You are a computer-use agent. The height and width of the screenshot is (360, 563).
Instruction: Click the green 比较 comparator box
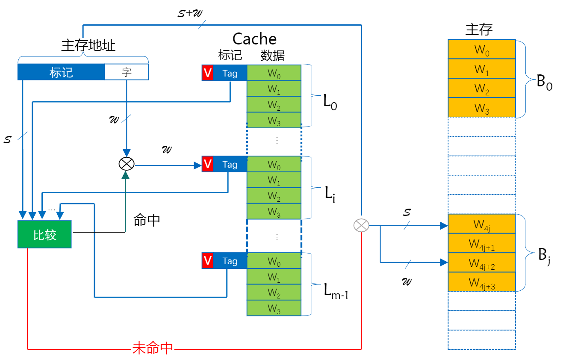coord(44,234)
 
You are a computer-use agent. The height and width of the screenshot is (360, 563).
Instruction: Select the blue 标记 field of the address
coord(61,72)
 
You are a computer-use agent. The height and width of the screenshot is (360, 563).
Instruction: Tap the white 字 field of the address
coord(127,72)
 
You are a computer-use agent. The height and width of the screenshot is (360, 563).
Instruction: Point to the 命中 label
coord(147,220)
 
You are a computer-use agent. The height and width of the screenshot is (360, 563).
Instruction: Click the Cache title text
coord(254,39)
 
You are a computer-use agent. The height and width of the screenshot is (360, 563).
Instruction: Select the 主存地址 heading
coord(88,45)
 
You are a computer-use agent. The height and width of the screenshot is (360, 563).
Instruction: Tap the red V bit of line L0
coord(207,73)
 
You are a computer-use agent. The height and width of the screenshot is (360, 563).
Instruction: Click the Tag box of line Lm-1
coord(230,261)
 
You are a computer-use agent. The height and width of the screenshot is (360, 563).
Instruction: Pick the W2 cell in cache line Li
coord(274,196)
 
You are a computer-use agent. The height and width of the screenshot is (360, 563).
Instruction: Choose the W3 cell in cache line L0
coord(274,121)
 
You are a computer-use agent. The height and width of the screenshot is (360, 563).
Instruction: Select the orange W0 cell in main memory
coord(481,50)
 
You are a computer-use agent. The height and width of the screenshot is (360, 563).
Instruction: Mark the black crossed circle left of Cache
coord(126,163)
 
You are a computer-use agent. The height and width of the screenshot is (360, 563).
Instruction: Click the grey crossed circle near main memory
coord(361,225)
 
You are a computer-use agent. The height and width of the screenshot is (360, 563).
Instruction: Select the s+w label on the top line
coord(190,13)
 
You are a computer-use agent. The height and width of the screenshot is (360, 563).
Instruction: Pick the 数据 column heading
coord(272,55)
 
